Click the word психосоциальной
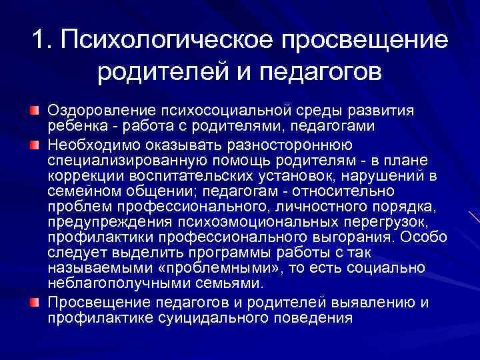pyautogui.click(x=231, y=109)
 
